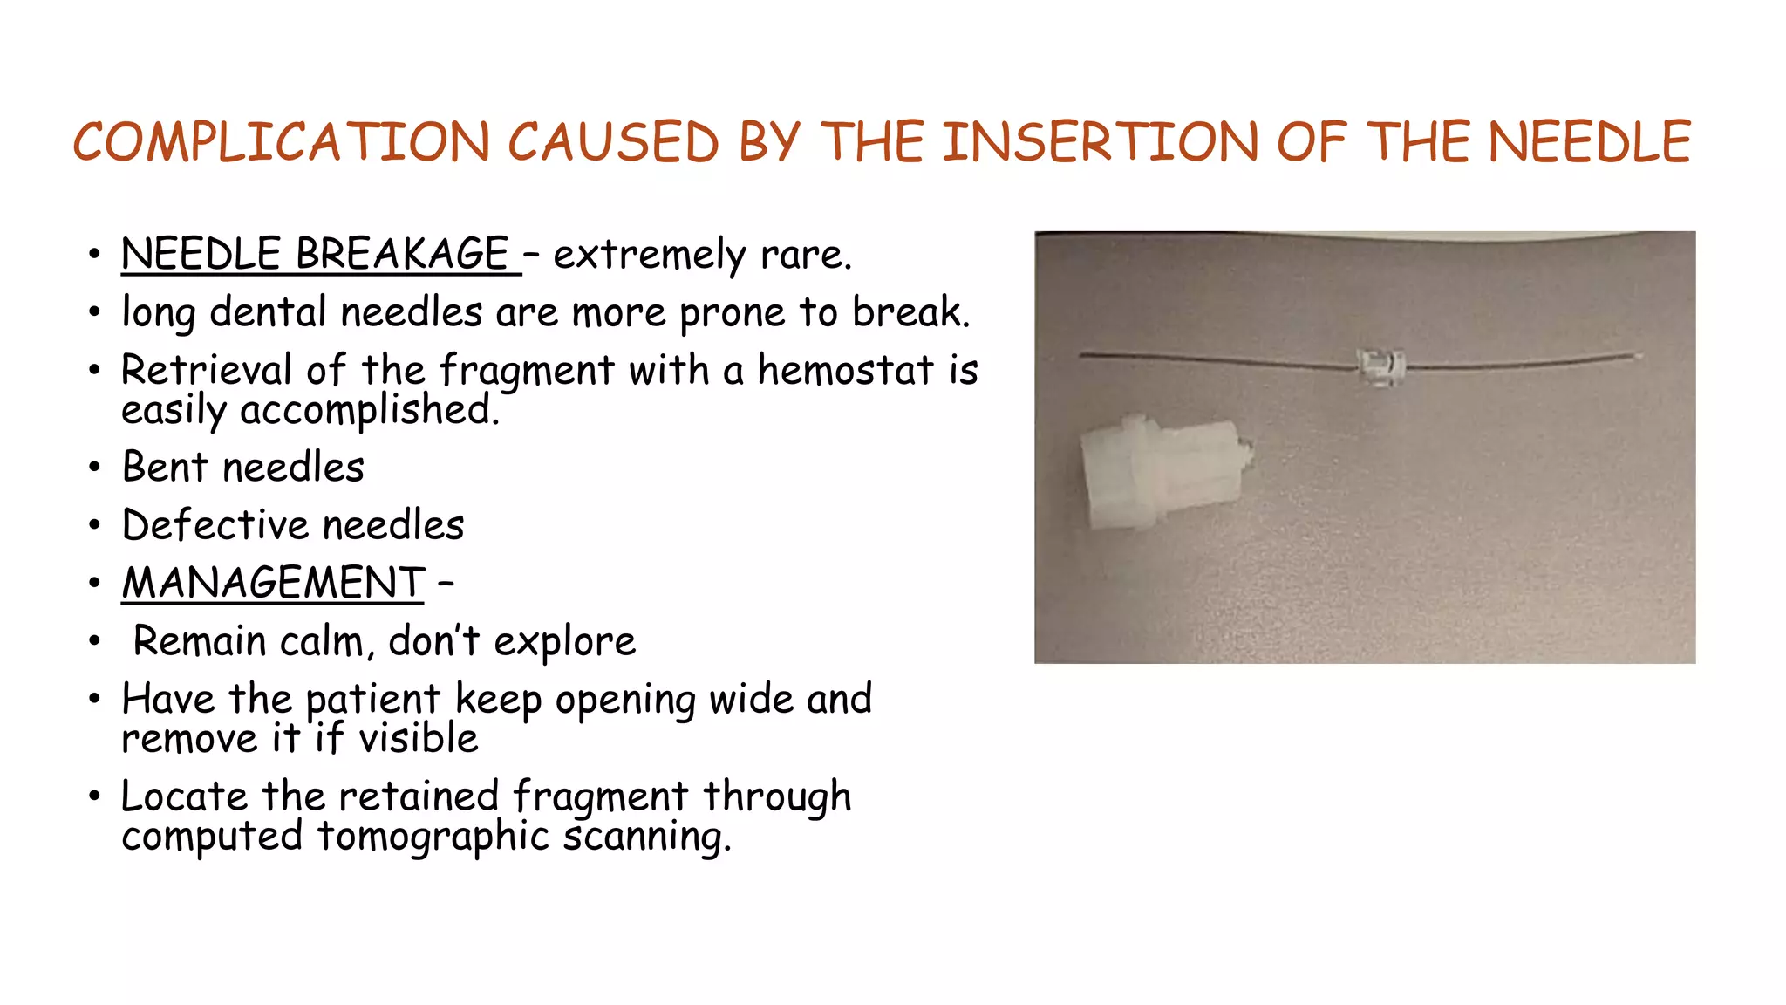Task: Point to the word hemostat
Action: coord(845,370)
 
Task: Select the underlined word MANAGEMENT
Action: coord(273,583)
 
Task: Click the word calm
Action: coord(321,641)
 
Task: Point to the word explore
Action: coord(564,642)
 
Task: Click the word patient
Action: coord(372,700)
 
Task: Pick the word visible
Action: coord(419,739)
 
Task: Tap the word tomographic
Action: coord(433,837)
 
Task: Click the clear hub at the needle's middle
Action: coord(1381,366)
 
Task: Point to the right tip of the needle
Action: coord(1639,355)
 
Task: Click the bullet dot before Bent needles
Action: coord(94,468)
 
